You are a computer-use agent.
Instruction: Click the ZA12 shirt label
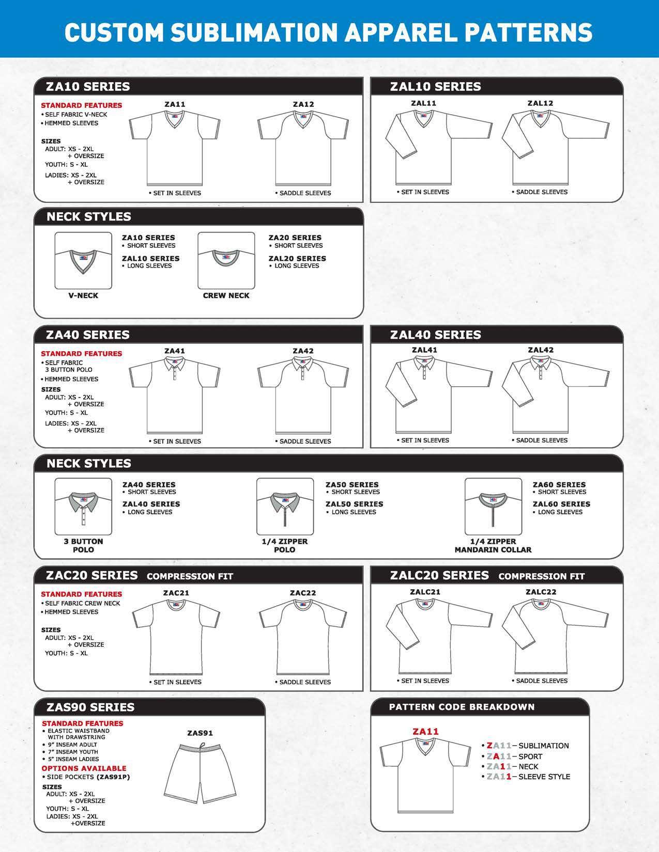pos(303,104)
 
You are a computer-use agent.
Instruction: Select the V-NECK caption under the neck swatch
pos(83,296)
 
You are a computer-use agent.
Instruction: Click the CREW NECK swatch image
pos(226,261)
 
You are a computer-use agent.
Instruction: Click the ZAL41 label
pos(424,350)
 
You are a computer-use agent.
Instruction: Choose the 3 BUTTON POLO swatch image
pos(83,507)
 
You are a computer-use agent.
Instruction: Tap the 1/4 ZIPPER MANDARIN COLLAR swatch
pos(493,507)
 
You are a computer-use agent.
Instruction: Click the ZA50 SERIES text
pos(352,484)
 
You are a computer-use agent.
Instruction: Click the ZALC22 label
pos(541,592)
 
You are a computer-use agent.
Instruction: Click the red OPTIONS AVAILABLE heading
pos(84,768)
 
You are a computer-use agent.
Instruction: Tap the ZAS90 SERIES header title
pos(90,707)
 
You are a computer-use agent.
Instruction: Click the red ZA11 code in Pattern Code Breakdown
pos(425,731)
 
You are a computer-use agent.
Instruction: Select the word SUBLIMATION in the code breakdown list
pos(543,746)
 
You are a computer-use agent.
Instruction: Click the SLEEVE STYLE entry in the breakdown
pos(544,777)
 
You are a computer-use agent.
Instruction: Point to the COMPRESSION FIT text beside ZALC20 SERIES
pos(541,576)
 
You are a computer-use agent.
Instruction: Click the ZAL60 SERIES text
pos(561,504)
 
